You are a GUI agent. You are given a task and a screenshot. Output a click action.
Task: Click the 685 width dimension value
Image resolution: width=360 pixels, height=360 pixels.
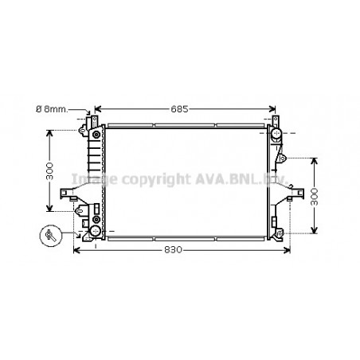coord(184,108)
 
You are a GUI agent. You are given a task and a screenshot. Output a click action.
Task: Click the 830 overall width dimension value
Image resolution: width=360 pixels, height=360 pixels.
coord(174,249)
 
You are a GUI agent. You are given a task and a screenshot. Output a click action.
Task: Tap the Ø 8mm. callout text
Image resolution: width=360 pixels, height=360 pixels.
coord(63,109)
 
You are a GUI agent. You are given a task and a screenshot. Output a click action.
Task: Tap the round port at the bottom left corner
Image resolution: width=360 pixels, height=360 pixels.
coord(96,231)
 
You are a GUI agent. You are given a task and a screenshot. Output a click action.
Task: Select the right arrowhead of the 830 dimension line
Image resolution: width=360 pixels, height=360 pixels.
coord(286,249)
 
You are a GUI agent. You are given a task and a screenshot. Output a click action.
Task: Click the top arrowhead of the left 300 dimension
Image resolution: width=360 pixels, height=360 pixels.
coord(49,132)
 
